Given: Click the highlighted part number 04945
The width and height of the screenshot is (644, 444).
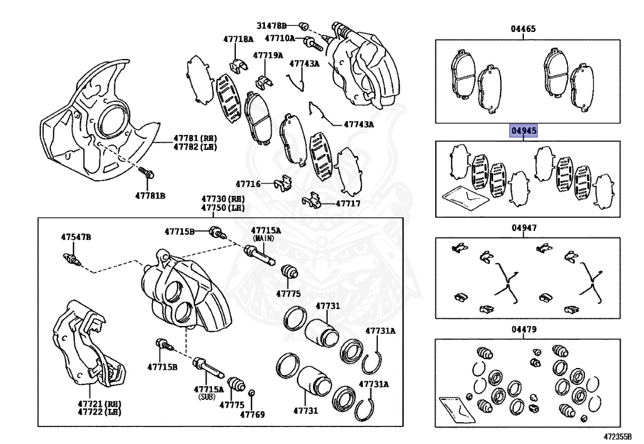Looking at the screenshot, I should click(523, 131).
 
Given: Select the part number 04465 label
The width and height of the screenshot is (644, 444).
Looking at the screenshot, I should click(523, 29).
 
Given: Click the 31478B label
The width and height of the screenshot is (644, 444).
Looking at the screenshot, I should click(271, 26).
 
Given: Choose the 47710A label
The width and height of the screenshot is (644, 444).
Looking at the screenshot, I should click(279, 38).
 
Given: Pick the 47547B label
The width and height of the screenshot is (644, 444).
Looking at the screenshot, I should click(75, 237).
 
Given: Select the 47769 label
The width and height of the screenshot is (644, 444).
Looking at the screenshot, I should click(252, 414).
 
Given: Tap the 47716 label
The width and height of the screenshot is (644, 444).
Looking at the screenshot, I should click(248, 184).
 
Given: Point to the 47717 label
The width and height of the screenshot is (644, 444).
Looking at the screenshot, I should click(348, 203).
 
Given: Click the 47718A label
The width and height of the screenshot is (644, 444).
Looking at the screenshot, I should click(238, 39).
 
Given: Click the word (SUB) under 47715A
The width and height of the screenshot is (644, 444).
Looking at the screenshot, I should click(206, 397).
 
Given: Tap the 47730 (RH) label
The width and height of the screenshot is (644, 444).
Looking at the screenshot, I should click(223, 200).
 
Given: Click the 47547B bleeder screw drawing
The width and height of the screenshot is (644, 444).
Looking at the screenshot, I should click(69, 257).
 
